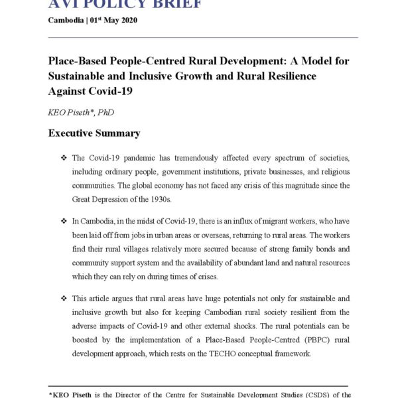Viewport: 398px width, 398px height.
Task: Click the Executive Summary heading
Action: (94, 133)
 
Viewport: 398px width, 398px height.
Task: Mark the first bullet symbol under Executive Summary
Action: (64, 158)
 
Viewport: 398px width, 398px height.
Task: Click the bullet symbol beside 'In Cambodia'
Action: (64, 220)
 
